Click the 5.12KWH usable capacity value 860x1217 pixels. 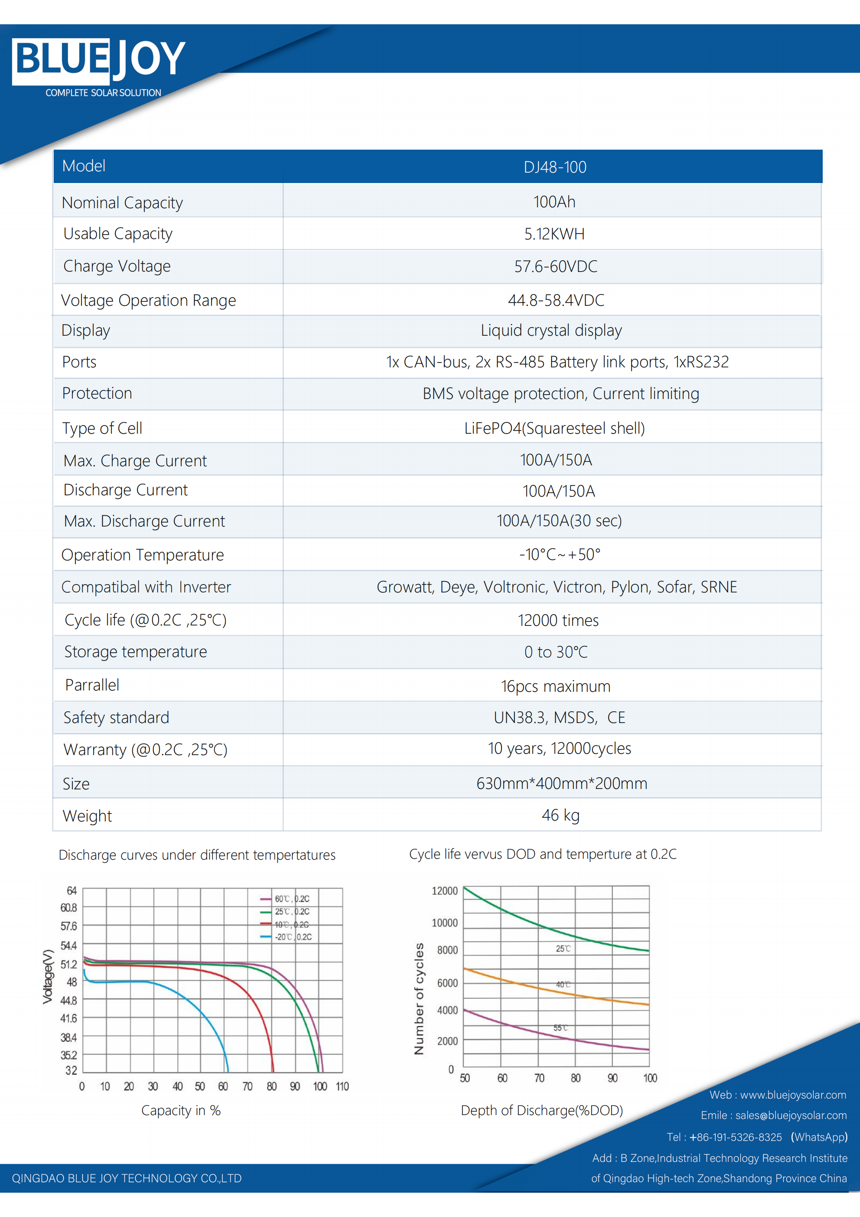554,234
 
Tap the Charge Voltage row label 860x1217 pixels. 117,266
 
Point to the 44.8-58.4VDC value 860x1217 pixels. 555,301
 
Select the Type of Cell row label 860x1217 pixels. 102,428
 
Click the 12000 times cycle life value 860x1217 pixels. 558,621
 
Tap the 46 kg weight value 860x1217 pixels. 560,815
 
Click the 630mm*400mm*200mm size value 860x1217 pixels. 561,783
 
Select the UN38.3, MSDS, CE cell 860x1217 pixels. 559,718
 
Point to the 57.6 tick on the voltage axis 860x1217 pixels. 69,926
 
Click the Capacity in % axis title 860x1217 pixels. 181,1110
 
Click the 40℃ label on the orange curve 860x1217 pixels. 563,984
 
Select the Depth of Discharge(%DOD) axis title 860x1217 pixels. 541,1110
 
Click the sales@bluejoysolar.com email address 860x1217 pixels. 791,1115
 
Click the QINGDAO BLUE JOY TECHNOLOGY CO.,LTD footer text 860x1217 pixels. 127,1178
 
